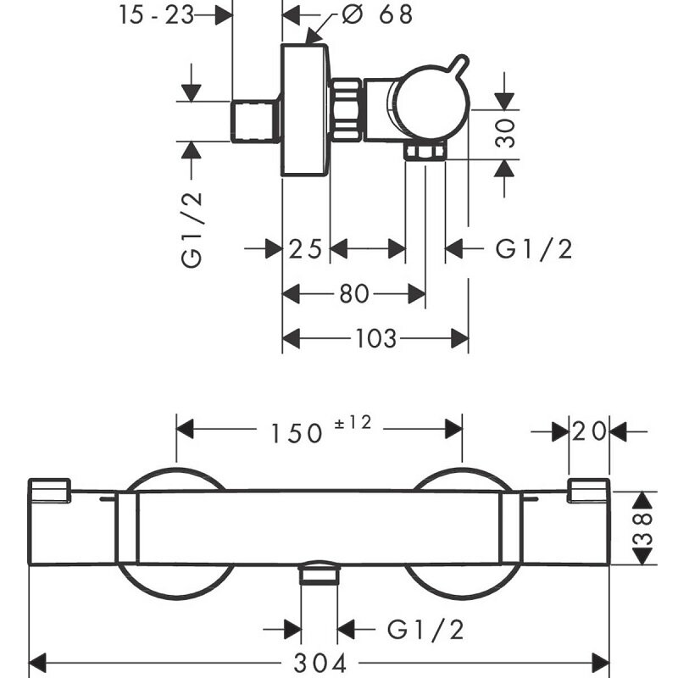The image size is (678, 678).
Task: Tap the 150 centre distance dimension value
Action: click(297, 432)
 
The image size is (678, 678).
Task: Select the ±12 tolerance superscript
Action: click(353, 422)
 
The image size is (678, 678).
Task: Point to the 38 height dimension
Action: click(645, 527)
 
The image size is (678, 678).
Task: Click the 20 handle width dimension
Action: click(589, 431)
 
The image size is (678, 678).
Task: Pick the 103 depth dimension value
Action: click(375, 339)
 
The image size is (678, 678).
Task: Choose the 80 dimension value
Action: click(354, 294)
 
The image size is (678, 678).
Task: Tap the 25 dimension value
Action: click(305, 248)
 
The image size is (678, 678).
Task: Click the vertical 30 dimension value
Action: click(506, 134)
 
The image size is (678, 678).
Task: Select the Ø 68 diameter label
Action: click(379, 15)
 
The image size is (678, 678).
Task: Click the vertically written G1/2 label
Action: click(192, 230)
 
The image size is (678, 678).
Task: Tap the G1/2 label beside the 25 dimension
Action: click(534, 248)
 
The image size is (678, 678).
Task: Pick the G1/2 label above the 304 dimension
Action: click(426, 629)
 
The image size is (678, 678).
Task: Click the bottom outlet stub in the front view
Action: click(319, 575)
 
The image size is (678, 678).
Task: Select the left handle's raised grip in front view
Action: click(49, 490)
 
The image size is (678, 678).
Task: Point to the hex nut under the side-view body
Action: click(425, 152)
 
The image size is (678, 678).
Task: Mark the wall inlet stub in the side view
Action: click(256, 120)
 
